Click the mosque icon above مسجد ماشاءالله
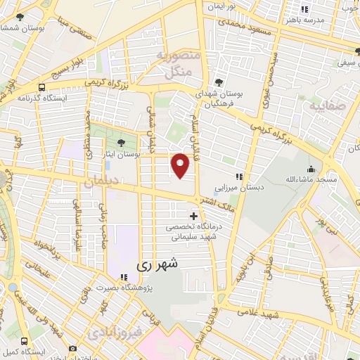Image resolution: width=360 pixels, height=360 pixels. pyautogui.click(x=311, y=169)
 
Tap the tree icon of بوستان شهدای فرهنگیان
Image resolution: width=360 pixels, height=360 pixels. pyautogui.click(x=220, y=83)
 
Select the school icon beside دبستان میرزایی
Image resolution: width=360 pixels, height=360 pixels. pyautogui.click(x=239, y=176)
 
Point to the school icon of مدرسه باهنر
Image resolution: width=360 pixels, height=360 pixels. pyautogui.click(x=304, y=9)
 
